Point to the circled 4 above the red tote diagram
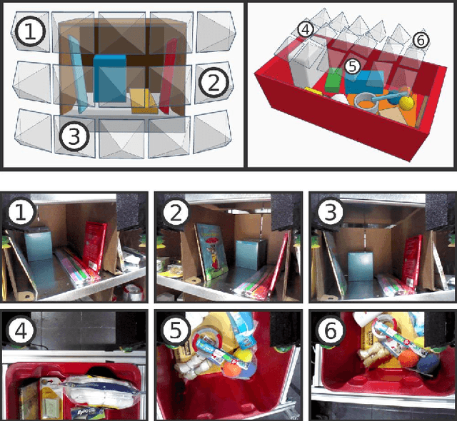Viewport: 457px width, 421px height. tap(306, 30)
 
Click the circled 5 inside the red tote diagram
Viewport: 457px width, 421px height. tap(351, 66)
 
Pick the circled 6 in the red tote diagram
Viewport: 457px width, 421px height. tap(421, 40)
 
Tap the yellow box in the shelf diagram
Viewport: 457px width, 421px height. tap(143, 101)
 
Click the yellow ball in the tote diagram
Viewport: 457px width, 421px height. tap(406, 103)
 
